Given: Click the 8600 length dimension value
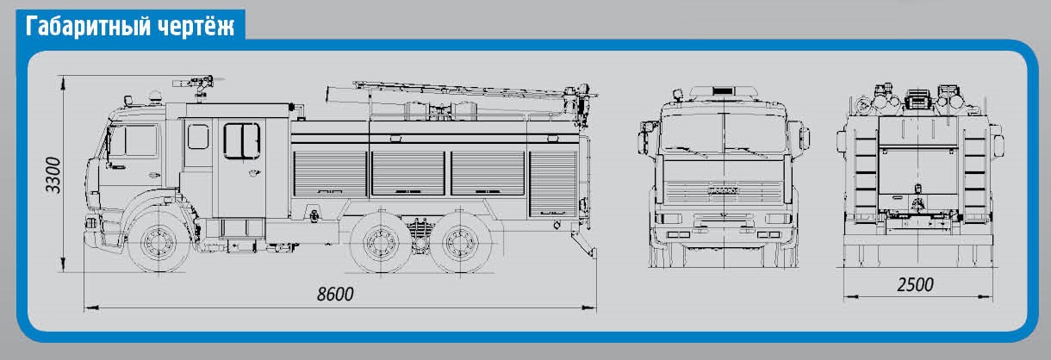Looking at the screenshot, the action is [335, 294].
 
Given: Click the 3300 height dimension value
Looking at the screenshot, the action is [54, 175].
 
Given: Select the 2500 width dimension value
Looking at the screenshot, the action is [915, 285].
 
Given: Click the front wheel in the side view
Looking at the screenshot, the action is [159, 242].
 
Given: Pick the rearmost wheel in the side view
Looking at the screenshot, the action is [460, 242].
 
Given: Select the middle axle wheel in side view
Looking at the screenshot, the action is [381, 242].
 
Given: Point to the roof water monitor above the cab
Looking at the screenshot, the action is [196, 86].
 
